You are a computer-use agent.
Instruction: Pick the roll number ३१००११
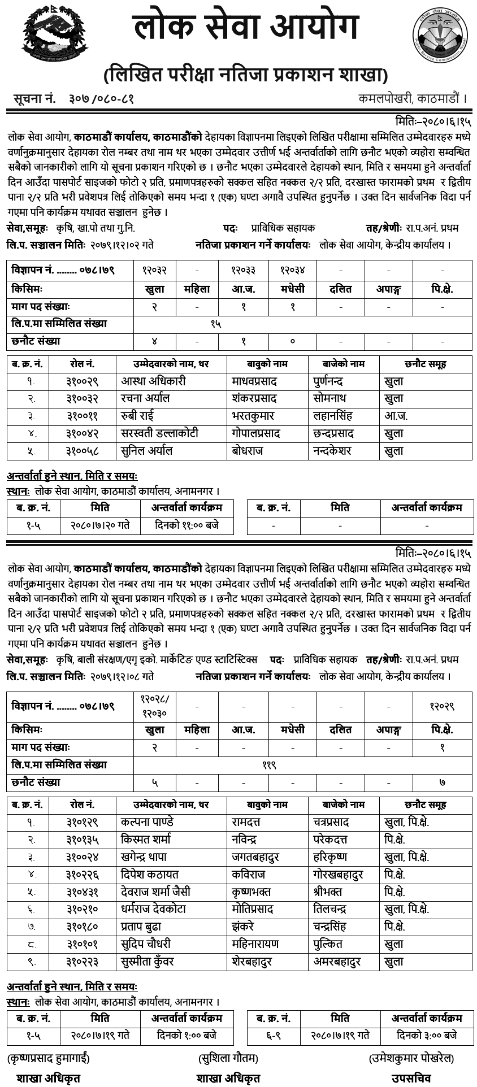pos(83,416)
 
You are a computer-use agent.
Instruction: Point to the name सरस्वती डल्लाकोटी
pos(159,434)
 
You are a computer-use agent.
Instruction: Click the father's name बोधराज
pos(248,451)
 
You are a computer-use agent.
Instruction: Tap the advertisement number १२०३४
pos(293,270)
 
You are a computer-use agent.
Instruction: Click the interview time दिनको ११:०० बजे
pos(187,525)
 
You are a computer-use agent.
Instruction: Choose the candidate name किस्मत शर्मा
pos(146,840)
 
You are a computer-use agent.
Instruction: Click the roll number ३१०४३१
pos(83,892)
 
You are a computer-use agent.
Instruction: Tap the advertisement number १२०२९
pos(442,707)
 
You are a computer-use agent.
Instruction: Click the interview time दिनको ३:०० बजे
pos(427,1036)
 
